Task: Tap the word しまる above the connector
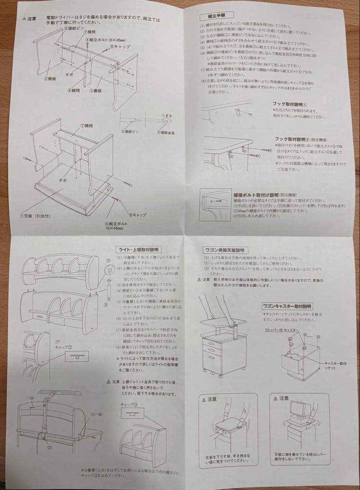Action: coord(166,116)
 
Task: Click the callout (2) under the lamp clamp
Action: coord(49,447)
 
